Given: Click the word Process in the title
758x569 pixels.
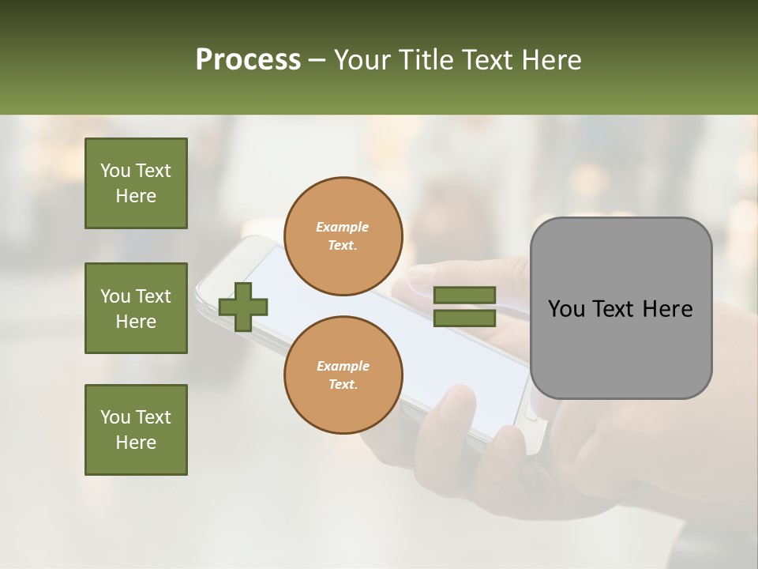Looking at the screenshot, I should coord(248,59).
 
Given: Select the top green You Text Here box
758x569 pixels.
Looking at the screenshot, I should coord(136,183).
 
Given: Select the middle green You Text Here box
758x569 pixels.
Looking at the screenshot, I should coord(136,308).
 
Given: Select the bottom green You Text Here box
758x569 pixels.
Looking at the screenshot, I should coord(136,430).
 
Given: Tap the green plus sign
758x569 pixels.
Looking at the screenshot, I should coord(243,307).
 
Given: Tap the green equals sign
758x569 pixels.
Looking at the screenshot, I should coord(464,307).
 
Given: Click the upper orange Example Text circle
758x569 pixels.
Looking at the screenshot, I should coord(343,236).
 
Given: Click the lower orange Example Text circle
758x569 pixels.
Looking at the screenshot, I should coord(343,375).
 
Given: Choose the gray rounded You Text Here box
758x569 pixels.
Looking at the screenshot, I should coord(621,308).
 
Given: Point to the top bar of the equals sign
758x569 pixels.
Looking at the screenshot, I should coord(464,296).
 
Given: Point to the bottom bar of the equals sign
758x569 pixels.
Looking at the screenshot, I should coord(464,318).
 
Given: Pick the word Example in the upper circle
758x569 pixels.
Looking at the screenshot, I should coord(343,227).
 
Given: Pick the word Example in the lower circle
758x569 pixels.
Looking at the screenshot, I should coord(343,366).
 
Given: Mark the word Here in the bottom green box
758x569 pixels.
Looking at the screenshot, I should coord(136,443).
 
